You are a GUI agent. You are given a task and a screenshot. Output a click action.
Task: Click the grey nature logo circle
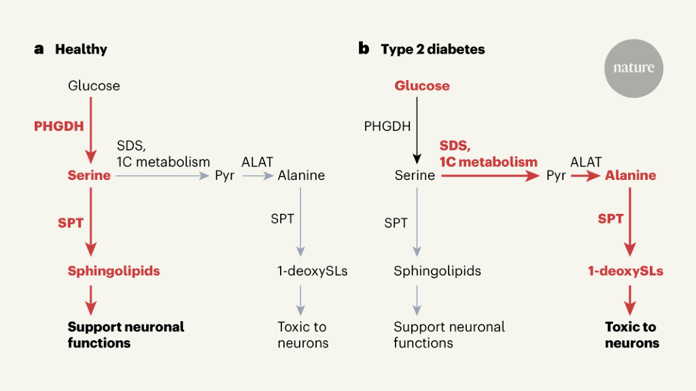(x=633, y=68)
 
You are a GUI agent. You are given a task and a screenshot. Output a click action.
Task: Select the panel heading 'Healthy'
(x=81, y=50)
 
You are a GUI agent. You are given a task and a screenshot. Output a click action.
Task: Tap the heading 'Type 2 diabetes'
(x=432, y=50)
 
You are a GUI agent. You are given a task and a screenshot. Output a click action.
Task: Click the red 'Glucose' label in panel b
(x=422, y=86)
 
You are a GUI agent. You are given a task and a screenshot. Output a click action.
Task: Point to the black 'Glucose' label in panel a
(x=94, y=86)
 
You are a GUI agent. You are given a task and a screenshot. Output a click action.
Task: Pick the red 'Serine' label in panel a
(x=88, y=176)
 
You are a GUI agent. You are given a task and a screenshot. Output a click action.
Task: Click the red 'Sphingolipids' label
(x=114, y=271)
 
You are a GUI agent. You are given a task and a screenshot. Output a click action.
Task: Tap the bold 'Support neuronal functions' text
(x=126, y=335)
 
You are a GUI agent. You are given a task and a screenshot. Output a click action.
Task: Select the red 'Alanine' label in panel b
(x=630, y=176)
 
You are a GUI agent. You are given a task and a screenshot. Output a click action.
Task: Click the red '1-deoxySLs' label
(x=625, y=271)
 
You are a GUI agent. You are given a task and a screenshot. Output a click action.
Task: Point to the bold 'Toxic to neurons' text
(x=631, y=335)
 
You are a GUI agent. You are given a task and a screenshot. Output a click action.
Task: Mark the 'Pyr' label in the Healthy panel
(x=224, y=176)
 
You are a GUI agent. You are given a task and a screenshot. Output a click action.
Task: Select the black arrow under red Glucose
(x=417, y=129)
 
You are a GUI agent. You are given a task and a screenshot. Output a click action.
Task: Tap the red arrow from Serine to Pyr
(x=489, y=176)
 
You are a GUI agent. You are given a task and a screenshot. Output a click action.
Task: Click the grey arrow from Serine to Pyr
(x=162, y=176)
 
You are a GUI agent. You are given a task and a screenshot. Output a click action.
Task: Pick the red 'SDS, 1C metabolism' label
(x=488, y=154)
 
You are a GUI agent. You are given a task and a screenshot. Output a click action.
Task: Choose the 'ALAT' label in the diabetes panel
(x=586, y=162)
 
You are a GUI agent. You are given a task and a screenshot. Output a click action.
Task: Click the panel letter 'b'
(x=364, y=49)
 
